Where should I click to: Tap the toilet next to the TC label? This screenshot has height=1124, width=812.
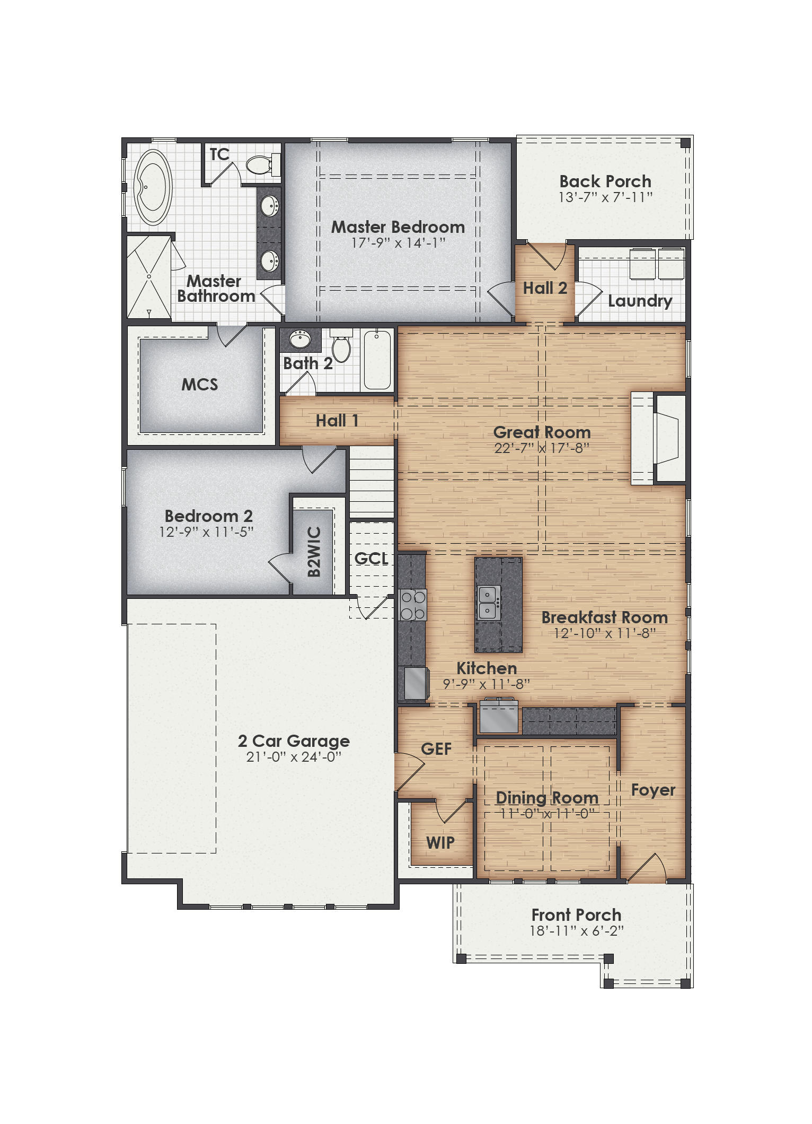click(x=260, y=164)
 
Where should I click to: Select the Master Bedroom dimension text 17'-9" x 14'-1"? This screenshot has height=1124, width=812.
click(x=398, y=243)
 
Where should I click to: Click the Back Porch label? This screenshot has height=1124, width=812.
click(x=605, y=181)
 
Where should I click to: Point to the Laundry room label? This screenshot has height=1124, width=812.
click(x=640, y=301)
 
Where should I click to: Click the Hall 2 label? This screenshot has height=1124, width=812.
click(x=545, y=288)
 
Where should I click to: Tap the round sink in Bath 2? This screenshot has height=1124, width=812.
click(x=300, y=339)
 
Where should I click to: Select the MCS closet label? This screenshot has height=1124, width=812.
click(x=200, y=384)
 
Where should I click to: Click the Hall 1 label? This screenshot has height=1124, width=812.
click(x=337, y=421)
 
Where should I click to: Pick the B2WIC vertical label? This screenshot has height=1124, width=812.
click(x=314, y=552)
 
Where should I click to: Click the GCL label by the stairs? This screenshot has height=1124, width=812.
click(x=371, y=559)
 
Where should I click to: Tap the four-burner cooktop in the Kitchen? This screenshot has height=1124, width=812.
click(x=413, y=605)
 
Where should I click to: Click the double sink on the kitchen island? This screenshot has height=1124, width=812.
click(x=488, y=603)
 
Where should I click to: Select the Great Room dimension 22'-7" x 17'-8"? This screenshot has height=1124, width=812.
click(x=541, y=448)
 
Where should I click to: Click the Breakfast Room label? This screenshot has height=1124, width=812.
click(x=604, y=617)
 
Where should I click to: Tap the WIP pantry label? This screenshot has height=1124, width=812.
click(x=440, y=842)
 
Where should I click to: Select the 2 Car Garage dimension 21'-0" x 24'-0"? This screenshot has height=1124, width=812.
click(x=294, y=757)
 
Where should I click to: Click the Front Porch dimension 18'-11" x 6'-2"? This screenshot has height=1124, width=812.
click(x=576, y=931)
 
